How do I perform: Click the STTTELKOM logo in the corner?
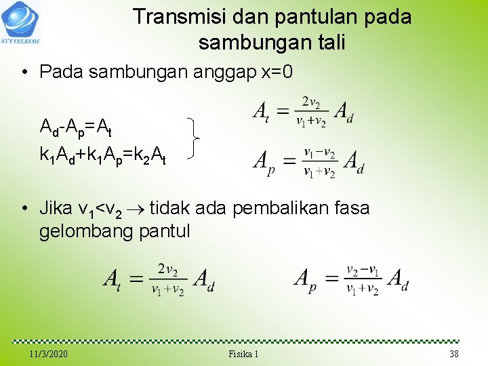(21, 22)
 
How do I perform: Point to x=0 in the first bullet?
(277, 71)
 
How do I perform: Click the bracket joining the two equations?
(194, 137)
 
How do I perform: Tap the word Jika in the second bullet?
(55, 207)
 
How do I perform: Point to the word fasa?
(349, 207)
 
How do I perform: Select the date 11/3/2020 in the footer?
(49, 354)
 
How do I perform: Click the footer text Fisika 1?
(243, 354)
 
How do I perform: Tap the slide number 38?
(453, 354)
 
